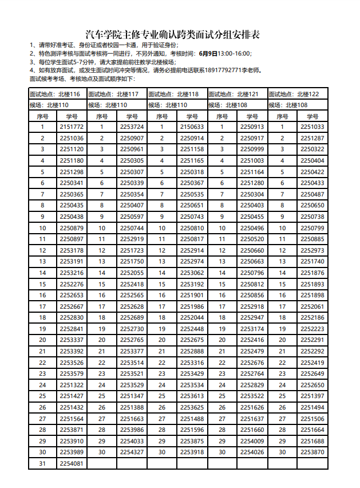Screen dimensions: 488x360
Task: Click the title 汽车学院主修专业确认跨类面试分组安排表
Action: coord(172,34)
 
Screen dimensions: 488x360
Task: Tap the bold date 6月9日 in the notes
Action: coord(208,53)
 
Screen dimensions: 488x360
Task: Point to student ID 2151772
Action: coord(72,127)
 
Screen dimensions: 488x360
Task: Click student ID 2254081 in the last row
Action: coord(72,463)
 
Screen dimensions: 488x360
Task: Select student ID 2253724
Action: coord(132,127)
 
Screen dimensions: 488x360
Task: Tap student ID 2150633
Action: coord(192,127)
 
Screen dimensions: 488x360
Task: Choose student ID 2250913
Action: coord(252,127)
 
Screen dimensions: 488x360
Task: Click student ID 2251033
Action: coord(312,127)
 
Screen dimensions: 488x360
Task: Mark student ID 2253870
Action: coord(312,452)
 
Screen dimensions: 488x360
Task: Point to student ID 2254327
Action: coord(132,452)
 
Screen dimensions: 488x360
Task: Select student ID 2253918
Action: coord(192,452)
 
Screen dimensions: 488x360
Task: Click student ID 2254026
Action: coord(252,452)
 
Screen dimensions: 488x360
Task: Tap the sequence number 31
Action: coord(42,463)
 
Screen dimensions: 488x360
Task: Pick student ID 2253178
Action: coord(72,250)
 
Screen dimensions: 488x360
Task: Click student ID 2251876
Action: coord(312,273)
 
